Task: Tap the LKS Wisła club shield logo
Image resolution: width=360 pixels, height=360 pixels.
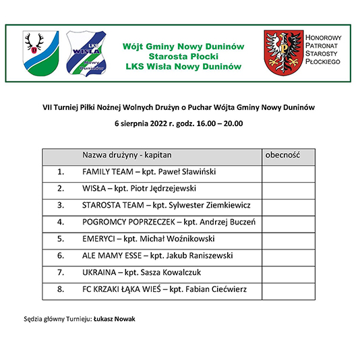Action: (86, 52)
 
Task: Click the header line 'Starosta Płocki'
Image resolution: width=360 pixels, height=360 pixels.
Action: (183, 57)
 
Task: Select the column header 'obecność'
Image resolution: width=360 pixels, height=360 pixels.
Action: (281, 154)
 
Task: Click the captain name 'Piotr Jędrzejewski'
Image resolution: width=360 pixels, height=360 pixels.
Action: (166, 189)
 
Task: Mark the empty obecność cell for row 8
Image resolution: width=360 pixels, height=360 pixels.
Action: (288, 290)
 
